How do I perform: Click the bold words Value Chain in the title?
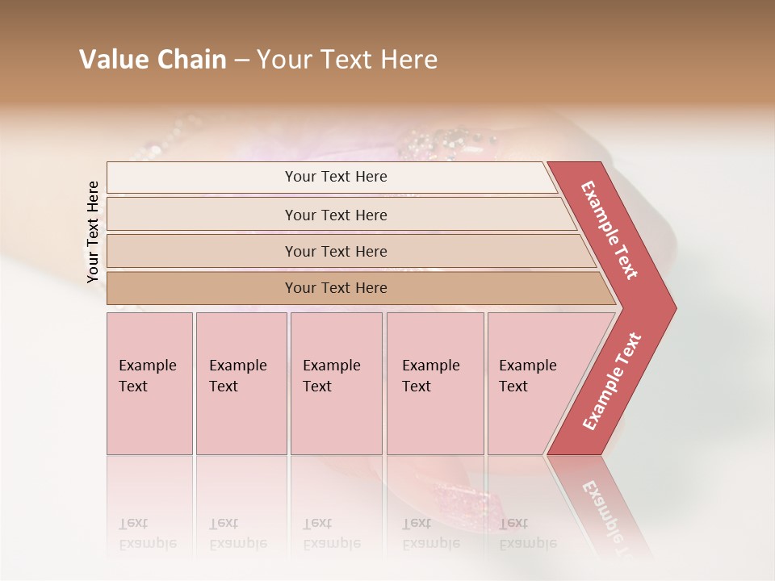pyautogui.click(x=153, y=60)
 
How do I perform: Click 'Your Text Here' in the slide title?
pyautogui.click(x=347, y=60)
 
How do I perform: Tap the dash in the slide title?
pyautogui.click(x=241, y=61)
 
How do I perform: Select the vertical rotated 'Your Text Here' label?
pyautogui.click(x=93, y=232)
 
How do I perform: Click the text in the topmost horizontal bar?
pyautogui.click(x=336, y=177)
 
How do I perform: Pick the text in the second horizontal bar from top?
pyautogui.click(x=336, y=215)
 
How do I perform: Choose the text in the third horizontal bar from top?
pyautogui.click(x=336, y=251)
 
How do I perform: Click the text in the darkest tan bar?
pyautogui.click(x=336, y=287)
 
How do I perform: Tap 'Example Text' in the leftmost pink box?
pyautogui.click(x=147, y=375)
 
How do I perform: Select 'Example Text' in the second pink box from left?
pyautogui.click(x=237, y=375)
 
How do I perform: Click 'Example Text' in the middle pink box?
pyautogui.click(x=331, y=375)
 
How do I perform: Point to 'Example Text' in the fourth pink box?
pyautogui.click(x=430, y=375)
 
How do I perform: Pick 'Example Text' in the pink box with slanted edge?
pyautogui.click(x=527, y=375)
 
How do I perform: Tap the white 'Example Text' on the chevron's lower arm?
pyautogui.click(x=612, y=382)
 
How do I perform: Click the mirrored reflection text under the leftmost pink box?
pyautogui.click(x=147, y=533)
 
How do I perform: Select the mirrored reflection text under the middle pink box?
pyautogui.click(x=331, y=533)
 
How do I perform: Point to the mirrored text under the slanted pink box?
pyautogui.click(x=527, y=533)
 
